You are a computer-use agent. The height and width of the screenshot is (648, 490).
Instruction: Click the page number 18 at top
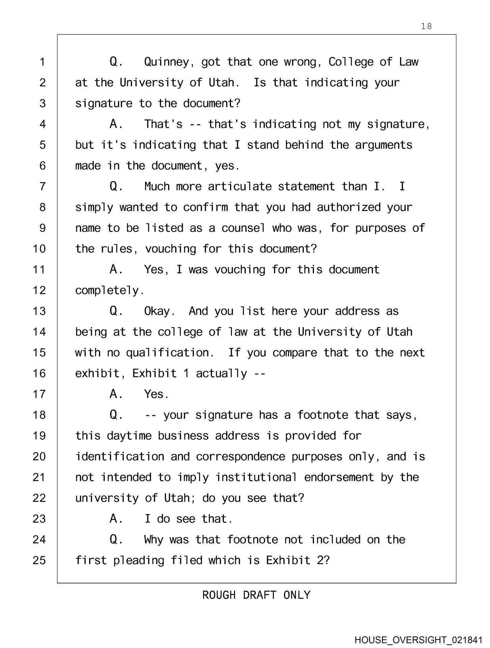(426, 26)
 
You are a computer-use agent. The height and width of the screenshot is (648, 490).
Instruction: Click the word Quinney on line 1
(166, 62)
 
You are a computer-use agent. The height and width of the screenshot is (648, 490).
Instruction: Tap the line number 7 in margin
(42, 187)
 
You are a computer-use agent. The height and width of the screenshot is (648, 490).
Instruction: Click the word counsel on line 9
(243, 228)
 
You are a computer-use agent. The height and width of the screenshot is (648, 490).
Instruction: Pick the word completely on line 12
(109, 291)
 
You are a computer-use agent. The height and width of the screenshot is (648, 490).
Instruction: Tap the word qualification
(170, 353)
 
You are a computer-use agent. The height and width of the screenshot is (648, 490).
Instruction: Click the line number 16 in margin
(39, 374)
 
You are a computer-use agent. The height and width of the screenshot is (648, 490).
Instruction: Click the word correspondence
(240, 457)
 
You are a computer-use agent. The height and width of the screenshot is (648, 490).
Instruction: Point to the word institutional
(256, 477)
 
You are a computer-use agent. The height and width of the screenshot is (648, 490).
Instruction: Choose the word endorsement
(339, 477)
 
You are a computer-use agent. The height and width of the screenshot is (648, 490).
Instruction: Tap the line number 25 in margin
(39, 561)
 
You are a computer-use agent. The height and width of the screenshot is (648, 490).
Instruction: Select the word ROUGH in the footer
(219, 595)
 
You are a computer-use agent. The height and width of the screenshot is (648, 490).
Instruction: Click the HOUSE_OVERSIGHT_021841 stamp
(418, 640)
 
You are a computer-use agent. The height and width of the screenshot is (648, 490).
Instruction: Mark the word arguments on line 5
(383, 145)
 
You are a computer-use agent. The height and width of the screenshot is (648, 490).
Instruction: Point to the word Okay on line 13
(159, 311)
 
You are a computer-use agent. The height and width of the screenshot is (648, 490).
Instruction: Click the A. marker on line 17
(116, 394)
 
